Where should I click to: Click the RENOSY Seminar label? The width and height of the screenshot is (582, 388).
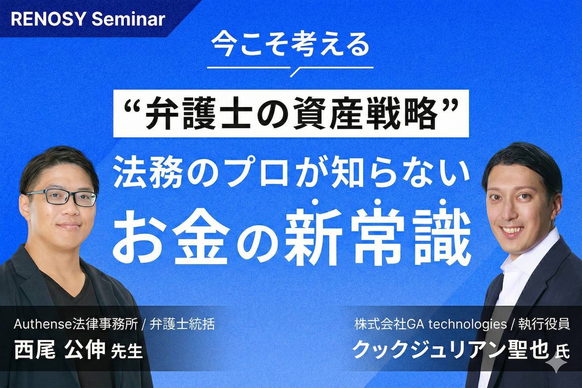pos(88,19)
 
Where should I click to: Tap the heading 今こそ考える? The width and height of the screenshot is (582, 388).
pos(290,45)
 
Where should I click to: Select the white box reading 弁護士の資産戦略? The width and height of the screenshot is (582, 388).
pos(291,113)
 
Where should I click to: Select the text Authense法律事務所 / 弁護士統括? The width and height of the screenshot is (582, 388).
pos(114,325)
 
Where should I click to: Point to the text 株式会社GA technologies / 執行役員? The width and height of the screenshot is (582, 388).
pos(463,325)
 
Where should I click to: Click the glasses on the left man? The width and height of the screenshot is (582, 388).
pos(62,197)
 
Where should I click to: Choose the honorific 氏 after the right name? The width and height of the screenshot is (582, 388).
pos(563,353)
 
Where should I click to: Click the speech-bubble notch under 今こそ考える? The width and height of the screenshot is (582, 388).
pos(295,71)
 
